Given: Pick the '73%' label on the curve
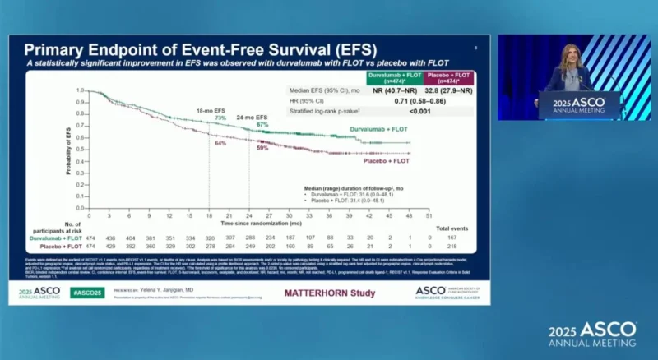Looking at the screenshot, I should coord(220,118).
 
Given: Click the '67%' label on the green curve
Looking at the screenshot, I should coord(262,124).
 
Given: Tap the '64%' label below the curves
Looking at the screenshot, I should coord(220,143).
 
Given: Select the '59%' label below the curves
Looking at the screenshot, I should coord(262,148).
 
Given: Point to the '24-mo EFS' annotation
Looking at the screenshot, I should coord(253,117).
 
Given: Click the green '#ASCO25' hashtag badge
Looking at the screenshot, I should coord(86,293).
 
